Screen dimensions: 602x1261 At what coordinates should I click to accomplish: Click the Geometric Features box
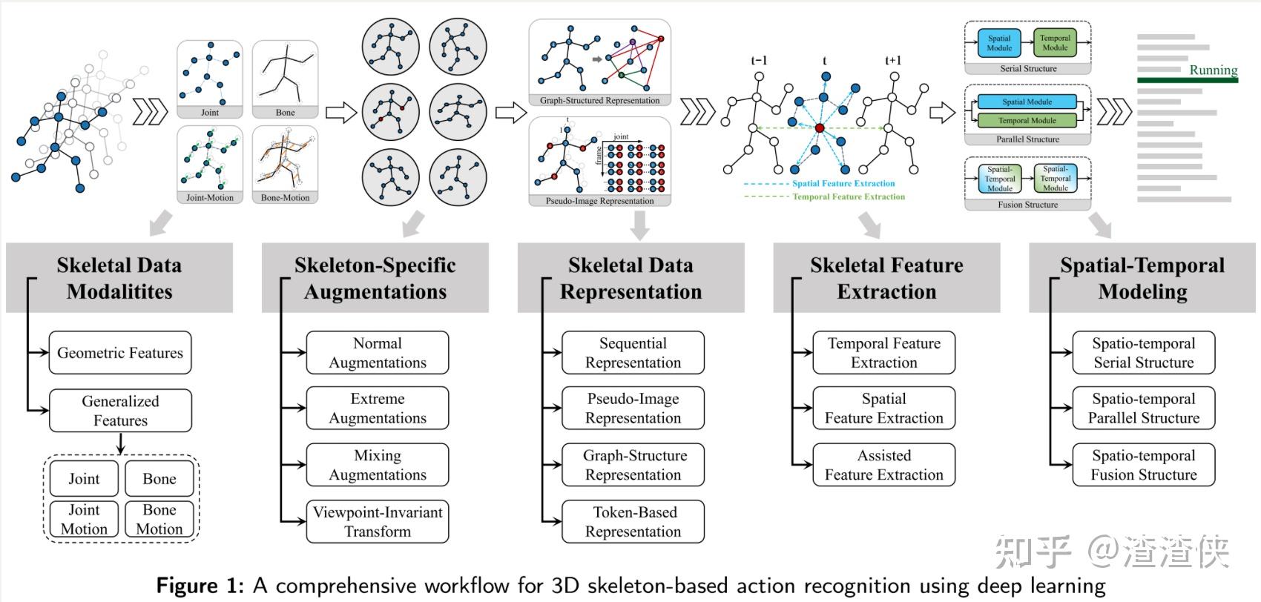tap(120, 353)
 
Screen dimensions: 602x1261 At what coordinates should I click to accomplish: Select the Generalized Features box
tap(120, 411)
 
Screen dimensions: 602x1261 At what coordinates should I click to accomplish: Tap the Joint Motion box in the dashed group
tap(84, 519)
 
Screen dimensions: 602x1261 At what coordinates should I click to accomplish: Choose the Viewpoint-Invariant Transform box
tap(378, 522)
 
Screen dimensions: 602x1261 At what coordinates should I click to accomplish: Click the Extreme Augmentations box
tap(378, 408)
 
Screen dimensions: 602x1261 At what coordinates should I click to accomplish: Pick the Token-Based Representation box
tap(633, 522)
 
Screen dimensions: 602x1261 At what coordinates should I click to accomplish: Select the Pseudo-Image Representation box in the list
tap(633, 408)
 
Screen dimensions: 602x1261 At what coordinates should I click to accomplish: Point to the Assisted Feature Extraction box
tap(883, 465)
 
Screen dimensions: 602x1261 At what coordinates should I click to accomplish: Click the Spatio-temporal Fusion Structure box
tap(1143, 465)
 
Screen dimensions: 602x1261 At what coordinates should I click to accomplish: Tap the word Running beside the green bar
tap(1214, 70)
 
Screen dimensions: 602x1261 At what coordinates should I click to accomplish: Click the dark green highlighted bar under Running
tap(1187, 79)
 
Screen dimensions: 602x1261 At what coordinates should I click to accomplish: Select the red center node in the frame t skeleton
tap(820, 128)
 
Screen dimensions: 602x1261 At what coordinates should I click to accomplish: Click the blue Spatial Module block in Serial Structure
tap(999, 43)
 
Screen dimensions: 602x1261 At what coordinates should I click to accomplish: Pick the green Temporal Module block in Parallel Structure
tap(1027, 120)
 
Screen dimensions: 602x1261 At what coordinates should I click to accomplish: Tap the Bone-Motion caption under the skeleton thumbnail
tap(286, 198)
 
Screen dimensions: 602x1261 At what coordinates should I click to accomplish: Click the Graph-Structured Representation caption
tap(599, 100)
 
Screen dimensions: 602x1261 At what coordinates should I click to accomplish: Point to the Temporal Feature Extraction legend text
tap(849, 196)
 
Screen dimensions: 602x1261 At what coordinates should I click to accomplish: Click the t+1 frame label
tap(893, 61)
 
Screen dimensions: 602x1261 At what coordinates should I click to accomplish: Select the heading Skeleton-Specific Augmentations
tap(375, 278)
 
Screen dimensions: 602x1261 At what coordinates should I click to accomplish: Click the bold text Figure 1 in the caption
tap(200, 586)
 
